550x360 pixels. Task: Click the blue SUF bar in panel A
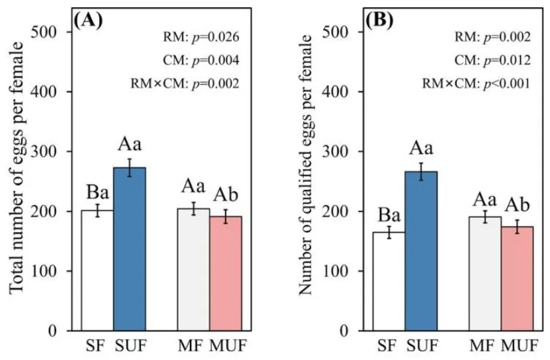point(130,249)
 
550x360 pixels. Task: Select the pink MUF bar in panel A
point(226,273)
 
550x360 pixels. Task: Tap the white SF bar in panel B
point(389,281)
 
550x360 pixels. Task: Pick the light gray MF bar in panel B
point(485,274)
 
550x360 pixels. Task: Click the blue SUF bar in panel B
point(421,251)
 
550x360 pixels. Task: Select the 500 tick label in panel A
point(44,32)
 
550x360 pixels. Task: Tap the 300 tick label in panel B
point(335,152)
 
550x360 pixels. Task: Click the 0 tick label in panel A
point(52,331)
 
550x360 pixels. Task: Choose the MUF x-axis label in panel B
point(520,346)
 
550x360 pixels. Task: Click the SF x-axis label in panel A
point(95,346)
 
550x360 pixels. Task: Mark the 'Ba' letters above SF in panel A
point(97,193)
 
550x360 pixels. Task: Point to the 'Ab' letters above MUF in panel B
point(517,205)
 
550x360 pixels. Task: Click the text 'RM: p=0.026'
point(201,37)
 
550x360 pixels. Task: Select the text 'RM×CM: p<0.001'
point(476,83)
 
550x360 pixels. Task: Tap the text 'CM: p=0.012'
point(492,60)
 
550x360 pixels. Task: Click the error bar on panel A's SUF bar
point(130,167)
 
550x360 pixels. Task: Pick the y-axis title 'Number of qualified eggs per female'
point(306,165)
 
